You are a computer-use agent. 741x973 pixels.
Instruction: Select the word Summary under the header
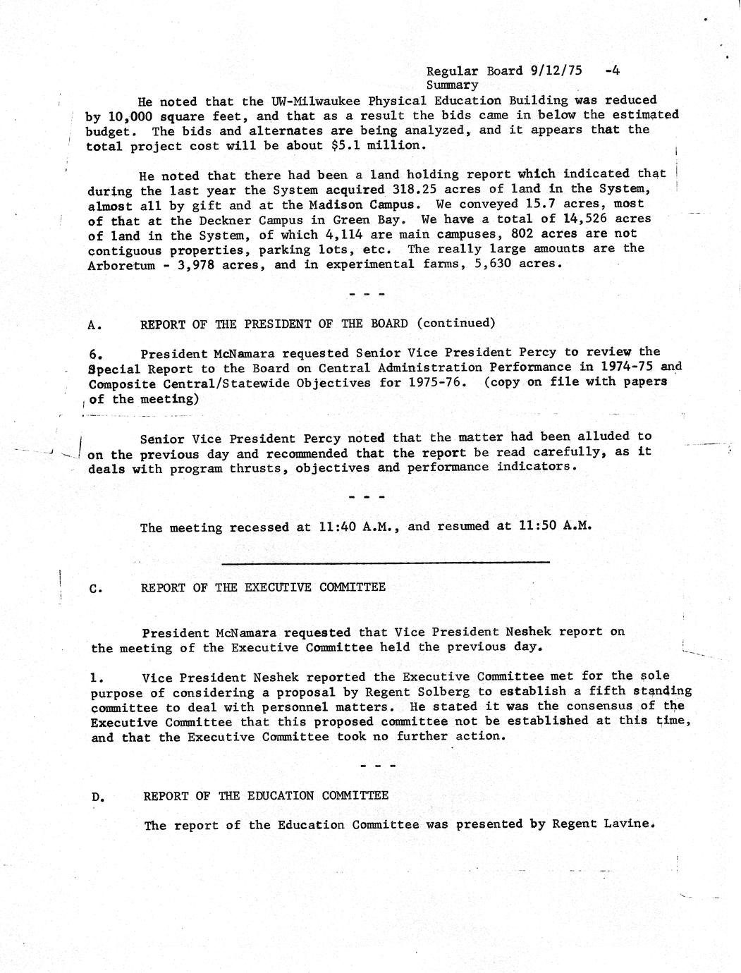452,85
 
